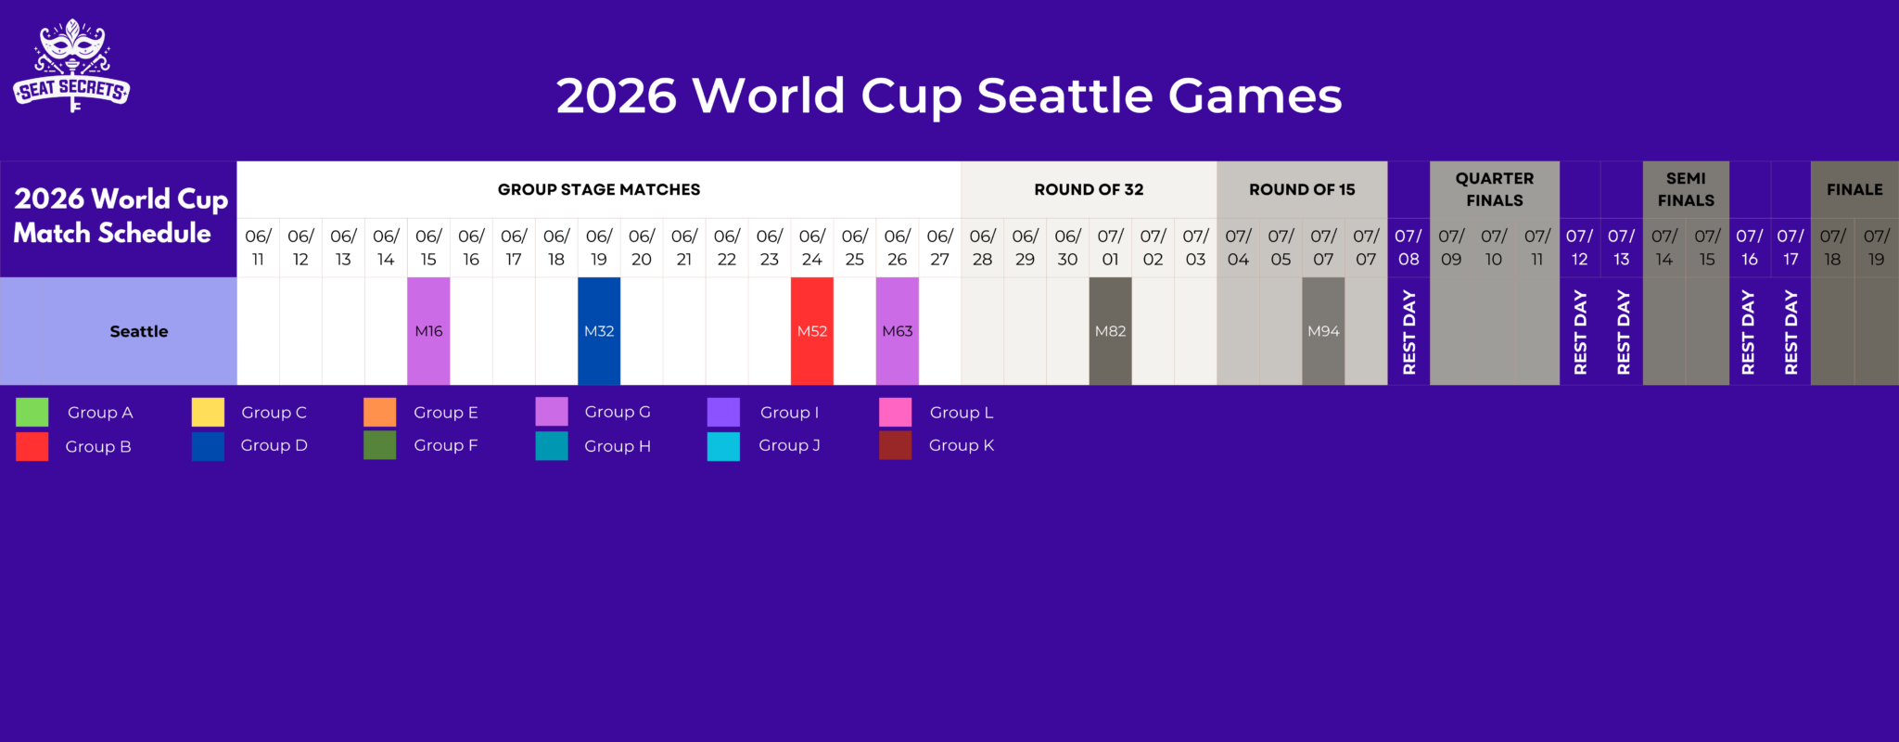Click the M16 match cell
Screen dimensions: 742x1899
(428, 331)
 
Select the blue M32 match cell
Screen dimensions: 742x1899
(599, 331)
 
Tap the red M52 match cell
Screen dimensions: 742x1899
(812, 331)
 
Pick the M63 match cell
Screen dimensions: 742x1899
(898, 331)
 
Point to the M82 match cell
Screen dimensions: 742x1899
(1110, 331)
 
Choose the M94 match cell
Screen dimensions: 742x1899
(1323, 331)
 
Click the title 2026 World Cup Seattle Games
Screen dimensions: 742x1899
(949, 96)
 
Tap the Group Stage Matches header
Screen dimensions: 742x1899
(599, 189)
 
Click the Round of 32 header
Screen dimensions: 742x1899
(1089, 189)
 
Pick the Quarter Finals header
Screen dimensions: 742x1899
(1494, 189)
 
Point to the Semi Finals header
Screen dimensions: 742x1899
(1686, 189)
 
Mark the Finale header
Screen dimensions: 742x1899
(1854, 189)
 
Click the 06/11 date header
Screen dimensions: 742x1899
(258, 248)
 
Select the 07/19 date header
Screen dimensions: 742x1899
(1876, 248)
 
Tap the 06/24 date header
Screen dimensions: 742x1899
(812, 248)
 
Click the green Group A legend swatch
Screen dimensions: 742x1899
(32, 413)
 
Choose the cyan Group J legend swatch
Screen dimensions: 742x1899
(723, 446)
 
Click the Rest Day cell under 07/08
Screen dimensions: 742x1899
(1408, 331)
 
